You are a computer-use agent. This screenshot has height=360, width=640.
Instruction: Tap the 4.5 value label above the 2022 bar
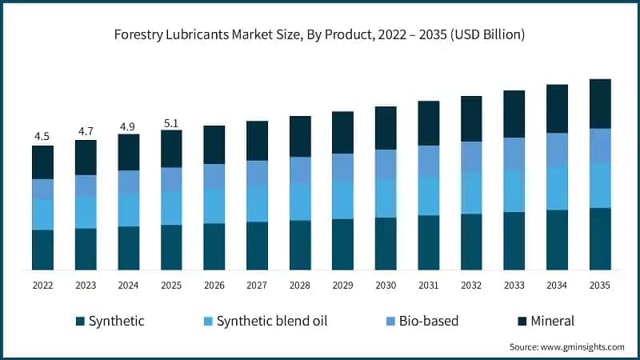click(42, 137)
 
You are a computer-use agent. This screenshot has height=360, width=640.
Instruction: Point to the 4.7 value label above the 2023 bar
click(86, 131)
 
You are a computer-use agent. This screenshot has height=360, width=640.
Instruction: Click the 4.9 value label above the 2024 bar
click(128, 126)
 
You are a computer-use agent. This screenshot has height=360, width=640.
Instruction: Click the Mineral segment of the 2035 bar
click(600, 103)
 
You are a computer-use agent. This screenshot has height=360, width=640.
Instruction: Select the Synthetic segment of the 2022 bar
click(42, 250)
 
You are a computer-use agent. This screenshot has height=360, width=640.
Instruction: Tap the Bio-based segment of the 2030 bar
click(386, 163)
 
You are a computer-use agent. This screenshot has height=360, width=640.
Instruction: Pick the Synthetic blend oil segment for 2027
click(257, 203)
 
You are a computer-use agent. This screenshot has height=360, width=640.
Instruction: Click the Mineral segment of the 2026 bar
click(214, 144)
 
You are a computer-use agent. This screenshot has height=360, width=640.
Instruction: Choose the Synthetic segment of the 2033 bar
click(514, 241)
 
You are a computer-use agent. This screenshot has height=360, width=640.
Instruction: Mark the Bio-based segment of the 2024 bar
click(128, 182)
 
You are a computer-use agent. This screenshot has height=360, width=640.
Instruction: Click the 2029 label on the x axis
click(342, 286)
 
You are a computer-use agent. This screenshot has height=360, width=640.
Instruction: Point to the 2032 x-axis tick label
click(471, 286)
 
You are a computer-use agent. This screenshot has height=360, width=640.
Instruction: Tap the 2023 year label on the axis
click(86, 286)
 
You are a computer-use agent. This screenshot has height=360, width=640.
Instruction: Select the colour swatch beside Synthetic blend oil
click(209, 322)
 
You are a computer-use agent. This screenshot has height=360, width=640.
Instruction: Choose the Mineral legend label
click(551, 322)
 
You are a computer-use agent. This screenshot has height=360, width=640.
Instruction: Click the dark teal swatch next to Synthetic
click(80, 322)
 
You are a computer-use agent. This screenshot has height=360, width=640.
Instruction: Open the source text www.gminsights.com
click(582, 346)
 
